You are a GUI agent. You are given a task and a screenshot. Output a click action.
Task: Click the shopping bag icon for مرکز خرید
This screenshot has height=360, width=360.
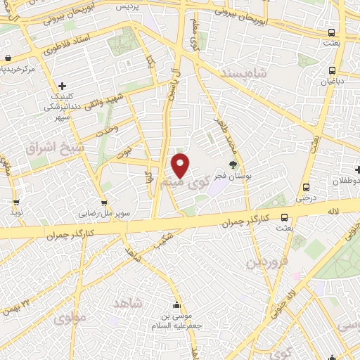[x=7, y=58]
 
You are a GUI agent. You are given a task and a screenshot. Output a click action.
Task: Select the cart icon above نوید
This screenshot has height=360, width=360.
[x=15, y=201]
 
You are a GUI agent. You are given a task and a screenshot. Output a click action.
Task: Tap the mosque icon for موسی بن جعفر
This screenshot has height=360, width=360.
[x=176, y=306]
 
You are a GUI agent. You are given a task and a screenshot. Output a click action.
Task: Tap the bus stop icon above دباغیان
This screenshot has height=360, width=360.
[x=333, y=70]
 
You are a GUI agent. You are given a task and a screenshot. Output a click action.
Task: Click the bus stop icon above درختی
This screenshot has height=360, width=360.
[x=306, y=187]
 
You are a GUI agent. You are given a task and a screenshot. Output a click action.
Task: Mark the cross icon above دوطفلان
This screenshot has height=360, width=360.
[x=358, y=169]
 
